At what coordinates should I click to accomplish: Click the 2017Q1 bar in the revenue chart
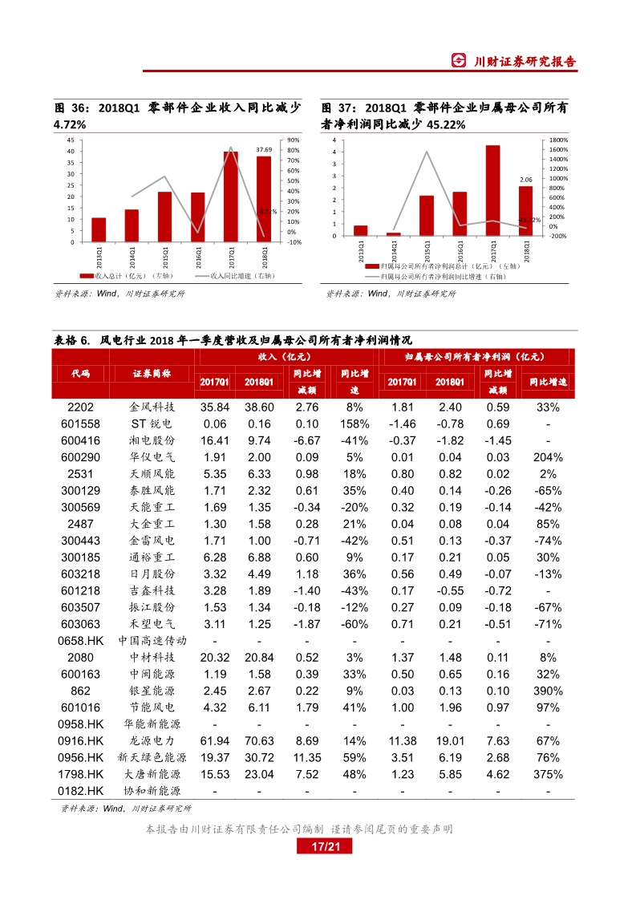pyautogui.click(x=230, y=197)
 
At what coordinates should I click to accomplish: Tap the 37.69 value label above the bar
pyautogui.click(x=264, y=150)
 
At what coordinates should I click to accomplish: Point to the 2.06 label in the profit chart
pyautogui.click(x=526, y=180)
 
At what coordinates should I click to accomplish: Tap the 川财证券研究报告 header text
pyautogui.click(x=525, y=62)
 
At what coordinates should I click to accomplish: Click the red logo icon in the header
pyautogui.click(x=459, y=62)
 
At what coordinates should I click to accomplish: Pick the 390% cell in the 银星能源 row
pyautogui.click(x=548, y=690)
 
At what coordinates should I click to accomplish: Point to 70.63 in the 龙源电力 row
pyautogui.click(x=258, y=740)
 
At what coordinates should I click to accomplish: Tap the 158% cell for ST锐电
pyautogui.click(x=354, y=424)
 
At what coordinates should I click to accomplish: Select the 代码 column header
pyautogui.click(x=80, y=374)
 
